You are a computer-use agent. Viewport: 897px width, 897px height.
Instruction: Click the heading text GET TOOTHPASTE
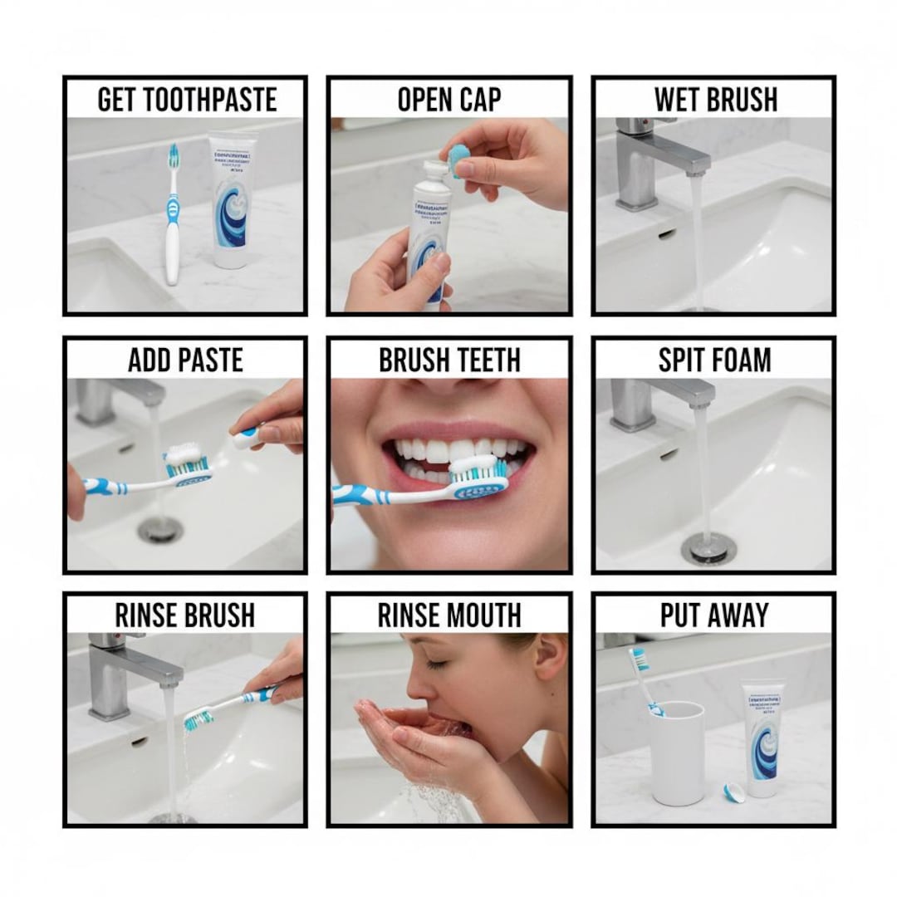tap(186, 100)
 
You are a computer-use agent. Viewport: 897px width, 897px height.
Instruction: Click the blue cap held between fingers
tap(457, 159)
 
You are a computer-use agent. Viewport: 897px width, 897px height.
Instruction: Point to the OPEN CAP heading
tap(448, 100)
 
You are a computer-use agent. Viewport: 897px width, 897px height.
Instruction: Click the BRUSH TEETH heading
tap(448, 360)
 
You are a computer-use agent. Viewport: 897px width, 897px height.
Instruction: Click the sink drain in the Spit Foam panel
tap(706, 548)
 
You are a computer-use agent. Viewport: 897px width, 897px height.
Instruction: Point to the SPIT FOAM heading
tap(714, 360)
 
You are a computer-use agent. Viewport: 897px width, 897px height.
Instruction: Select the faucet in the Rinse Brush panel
tap(125, 673)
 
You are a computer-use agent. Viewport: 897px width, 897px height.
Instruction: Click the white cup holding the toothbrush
tap(677, 752)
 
